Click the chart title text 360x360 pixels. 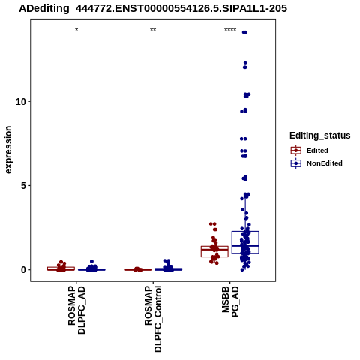[153, 8]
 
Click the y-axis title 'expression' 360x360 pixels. [8, 150]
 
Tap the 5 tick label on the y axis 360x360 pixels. [23, 186]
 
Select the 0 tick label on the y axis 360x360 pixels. [23, 270]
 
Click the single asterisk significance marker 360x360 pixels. [76, 30]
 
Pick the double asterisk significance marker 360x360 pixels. [153, 30]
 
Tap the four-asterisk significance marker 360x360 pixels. [230, 30]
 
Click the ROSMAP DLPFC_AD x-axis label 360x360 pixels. [76, 310]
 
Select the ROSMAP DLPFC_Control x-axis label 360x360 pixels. [153, 319]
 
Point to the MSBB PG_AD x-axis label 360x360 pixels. [230, 301]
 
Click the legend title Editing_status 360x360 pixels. [320, 136]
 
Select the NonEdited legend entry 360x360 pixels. [316, 163]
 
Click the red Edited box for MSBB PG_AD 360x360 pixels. [214, 251]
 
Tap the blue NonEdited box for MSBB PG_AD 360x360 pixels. [245, 242]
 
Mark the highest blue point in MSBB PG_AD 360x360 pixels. [244, 32]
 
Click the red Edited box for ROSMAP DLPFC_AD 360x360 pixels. [61, 268]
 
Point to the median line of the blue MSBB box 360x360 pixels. [245, 246]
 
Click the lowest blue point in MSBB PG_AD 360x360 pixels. [242, 270]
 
